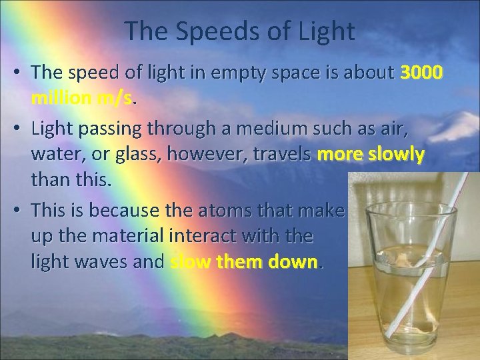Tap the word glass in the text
[x=138, y=155]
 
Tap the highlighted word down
[x=294, y=262]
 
